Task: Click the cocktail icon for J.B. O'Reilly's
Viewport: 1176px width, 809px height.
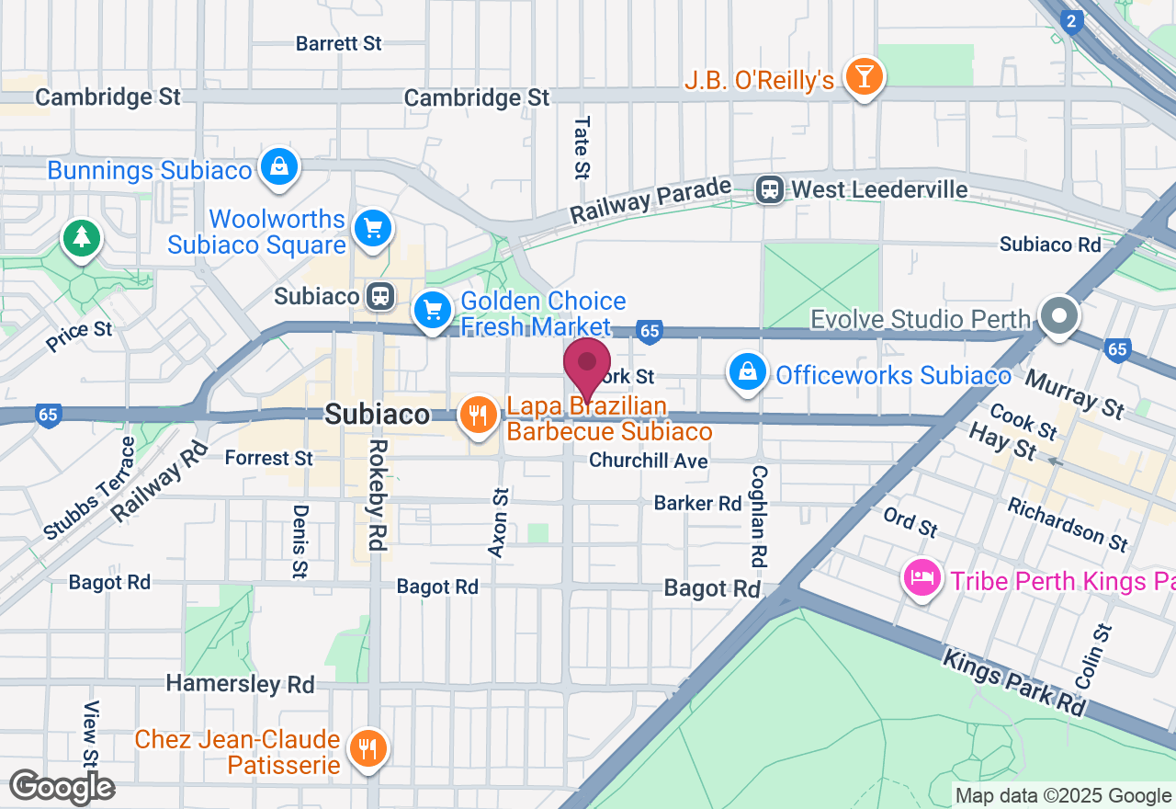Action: (864, 76)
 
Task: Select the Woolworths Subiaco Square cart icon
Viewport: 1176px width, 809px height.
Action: (373, 229)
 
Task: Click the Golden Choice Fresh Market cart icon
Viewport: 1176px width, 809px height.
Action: (432, 310)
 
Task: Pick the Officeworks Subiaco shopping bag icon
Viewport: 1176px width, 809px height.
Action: (748, 372)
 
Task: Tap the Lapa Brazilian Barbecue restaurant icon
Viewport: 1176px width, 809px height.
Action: (477, 415)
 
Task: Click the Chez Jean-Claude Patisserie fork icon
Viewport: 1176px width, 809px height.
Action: (368, 748)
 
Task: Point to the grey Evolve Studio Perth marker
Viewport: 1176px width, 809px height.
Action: (1058, 316)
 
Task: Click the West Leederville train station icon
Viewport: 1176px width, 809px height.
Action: (769, 189)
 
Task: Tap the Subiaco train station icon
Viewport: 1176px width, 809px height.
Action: (379, 296)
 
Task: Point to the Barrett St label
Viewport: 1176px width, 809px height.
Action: (338, 43)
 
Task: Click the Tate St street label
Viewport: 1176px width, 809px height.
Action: (582, 146)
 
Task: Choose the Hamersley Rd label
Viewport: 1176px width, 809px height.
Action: (240, 684)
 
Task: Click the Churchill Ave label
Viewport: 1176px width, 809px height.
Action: (649, 461)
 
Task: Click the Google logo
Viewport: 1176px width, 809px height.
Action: (62, 787)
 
